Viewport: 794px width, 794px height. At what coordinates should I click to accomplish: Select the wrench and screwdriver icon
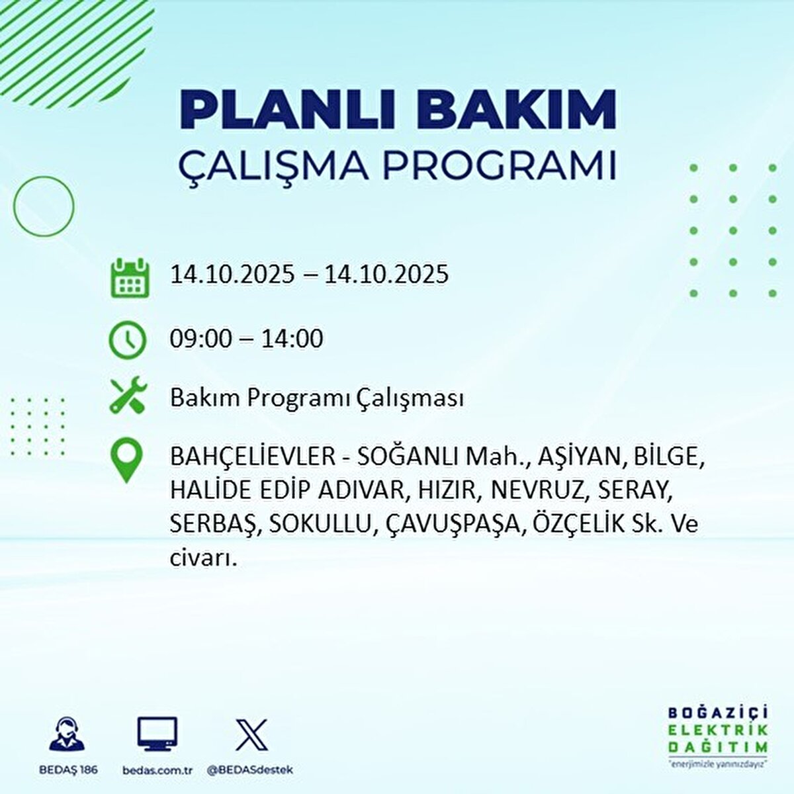pyautogui.click(x=126, y=396)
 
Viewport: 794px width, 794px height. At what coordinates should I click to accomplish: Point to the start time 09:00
pyautogui.click(x=201, y=339)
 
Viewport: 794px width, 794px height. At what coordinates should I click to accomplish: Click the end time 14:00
pyautogui.click(x=292, y=339)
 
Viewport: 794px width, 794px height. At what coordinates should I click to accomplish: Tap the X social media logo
pyautogui.click(x=251, y=734)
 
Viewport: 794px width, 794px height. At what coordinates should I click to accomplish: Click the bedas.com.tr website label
pyautogui.click(x=157, y=770)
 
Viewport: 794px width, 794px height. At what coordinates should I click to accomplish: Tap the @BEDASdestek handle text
pyautogui.click(x=250, y=770)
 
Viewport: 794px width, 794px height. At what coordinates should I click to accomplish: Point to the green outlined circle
pyautogui.click(x=44, y=207)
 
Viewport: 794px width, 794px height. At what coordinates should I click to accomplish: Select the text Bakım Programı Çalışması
pyautogui.click(x=316, y=399)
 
